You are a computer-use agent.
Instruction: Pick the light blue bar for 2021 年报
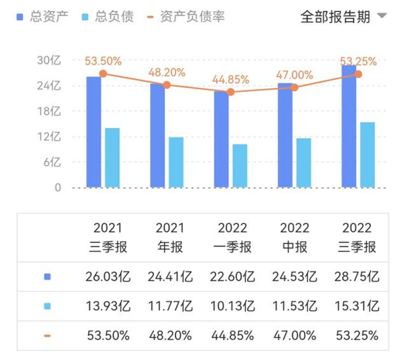pyautogui.click(x=176, y=162)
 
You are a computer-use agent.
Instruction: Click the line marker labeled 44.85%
pyautogui.click(x=230, y=92)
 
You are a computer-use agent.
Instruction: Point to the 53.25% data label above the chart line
pyautogui.click(x=359, y=60)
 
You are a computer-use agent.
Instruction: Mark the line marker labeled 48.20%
pyautogui.click(x=166, y=85)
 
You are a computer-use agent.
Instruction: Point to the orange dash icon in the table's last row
pyautogui.click(x=47, y=336)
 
